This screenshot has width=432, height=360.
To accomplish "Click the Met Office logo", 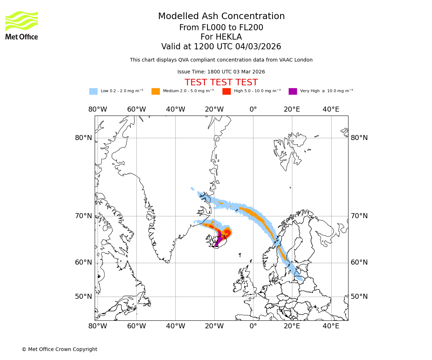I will (22, 25).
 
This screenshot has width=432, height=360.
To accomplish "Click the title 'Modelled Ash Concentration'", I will (221, 17).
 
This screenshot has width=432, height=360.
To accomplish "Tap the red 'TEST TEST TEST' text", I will (221, 82).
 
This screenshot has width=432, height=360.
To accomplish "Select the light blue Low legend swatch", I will (93, 91).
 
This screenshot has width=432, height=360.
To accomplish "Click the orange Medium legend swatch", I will (156, 91).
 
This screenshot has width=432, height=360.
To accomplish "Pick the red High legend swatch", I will (226, 91).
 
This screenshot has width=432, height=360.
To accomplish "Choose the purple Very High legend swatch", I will (293, 91).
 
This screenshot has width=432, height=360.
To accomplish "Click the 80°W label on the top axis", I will (98, 109).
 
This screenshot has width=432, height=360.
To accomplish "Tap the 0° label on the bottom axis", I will (253, 326).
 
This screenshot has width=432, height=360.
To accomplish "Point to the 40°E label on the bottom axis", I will (331, 326).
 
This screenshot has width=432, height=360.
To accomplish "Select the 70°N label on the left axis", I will (84, 216).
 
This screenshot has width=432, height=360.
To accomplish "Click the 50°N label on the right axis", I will (359, 297).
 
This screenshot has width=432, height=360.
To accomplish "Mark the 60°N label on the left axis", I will (84, 262).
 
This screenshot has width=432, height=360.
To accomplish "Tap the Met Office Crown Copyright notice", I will (59, 350).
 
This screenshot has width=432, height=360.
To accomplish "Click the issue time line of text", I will (221, 72).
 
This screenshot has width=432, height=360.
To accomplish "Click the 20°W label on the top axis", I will (214, 109).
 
